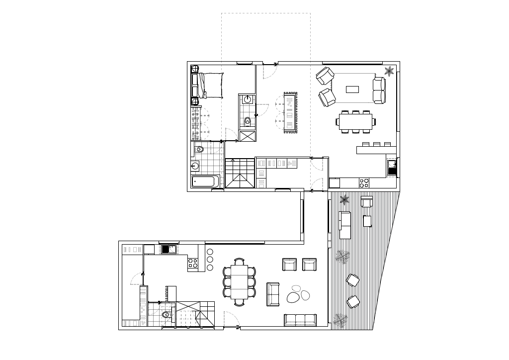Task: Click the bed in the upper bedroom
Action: (x=209, y=86)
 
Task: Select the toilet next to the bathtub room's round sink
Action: (x=199, y=149)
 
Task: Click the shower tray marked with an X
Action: (x=247, y=136)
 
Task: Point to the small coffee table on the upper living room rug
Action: (x=352, y=90)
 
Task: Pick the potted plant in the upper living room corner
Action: (x=389, y=71)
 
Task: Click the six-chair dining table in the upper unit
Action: (x=355, y=122)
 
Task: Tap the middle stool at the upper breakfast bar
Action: (x=376, y=144)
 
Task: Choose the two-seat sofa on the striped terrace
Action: (x=345, y=225)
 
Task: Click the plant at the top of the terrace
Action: (x=344, y=200)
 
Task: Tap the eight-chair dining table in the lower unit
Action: (x=239, y=281)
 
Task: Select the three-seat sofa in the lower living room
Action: (x=300, y=320)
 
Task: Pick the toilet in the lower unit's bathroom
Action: (x=166, y=315)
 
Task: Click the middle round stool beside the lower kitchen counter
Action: (x=210, y=260)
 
